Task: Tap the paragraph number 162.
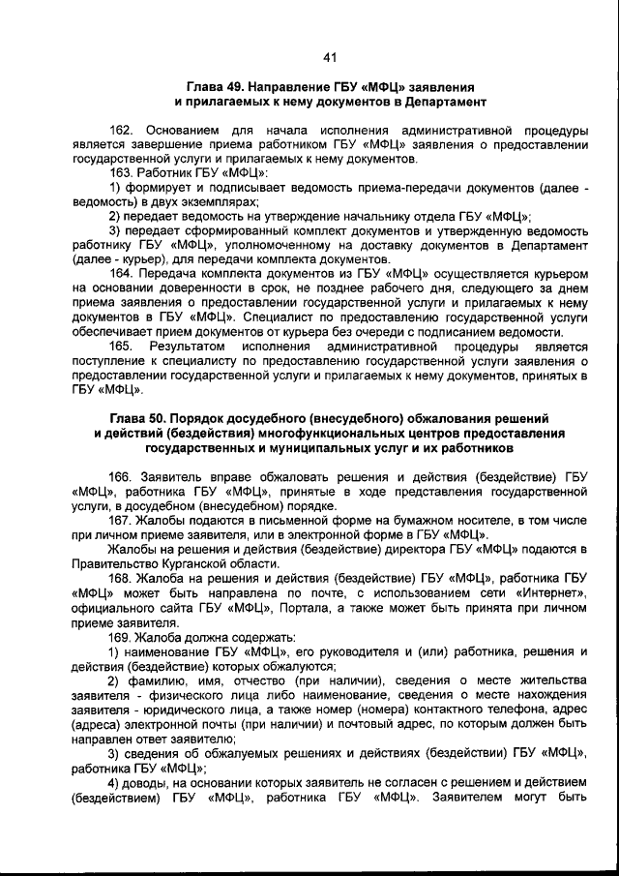click(121, 130)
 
